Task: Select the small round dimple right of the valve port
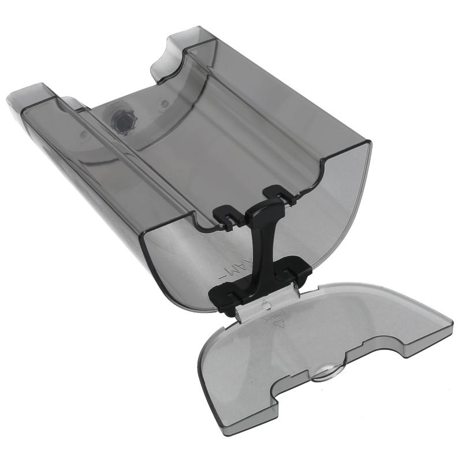click(165, 104)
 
